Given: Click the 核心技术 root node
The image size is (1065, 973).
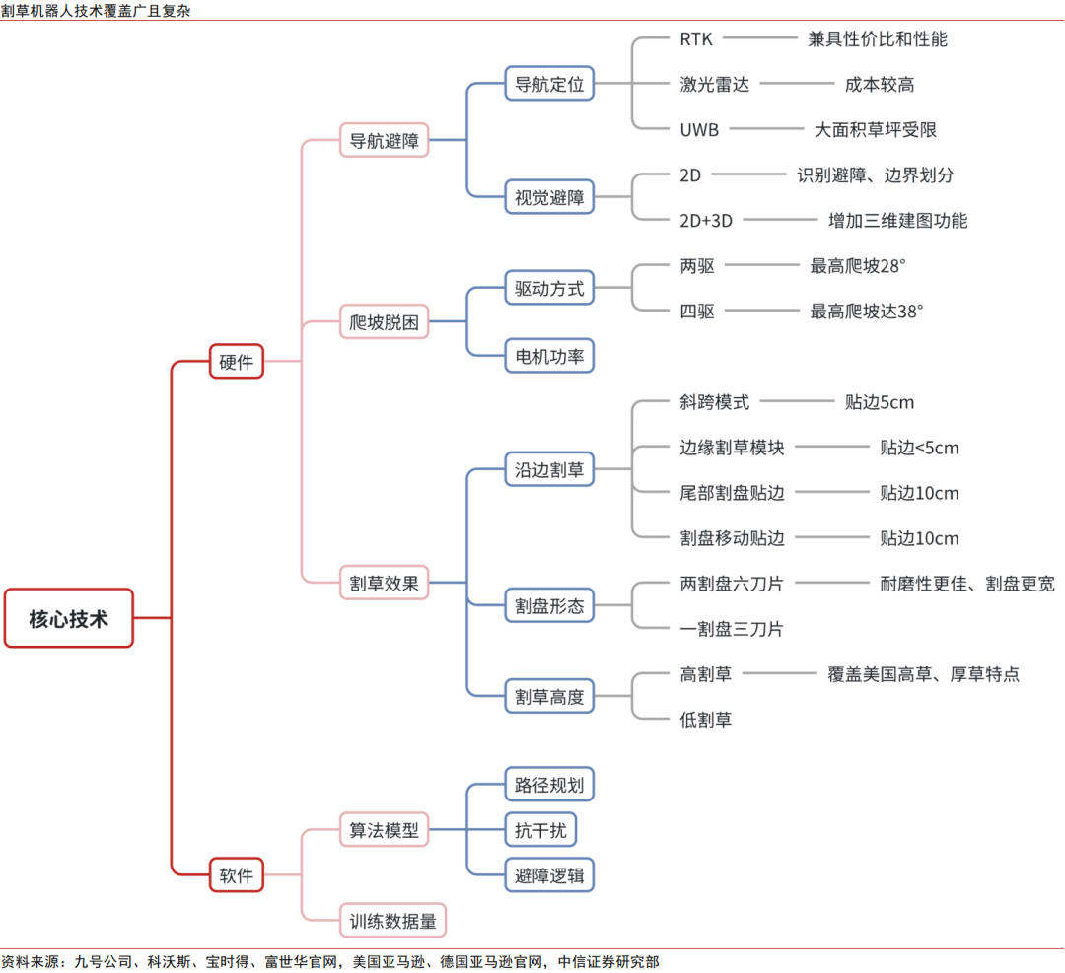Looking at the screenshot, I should point(68,618).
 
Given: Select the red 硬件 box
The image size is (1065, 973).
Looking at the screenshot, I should point(237,362).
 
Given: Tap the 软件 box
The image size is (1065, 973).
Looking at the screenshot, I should point(237,874).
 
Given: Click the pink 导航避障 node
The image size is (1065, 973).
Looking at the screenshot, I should point(385,141).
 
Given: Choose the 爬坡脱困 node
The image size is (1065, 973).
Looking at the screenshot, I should point(385,321).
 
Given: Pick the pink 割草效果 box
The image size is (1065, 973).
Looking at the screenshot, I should point(385,583).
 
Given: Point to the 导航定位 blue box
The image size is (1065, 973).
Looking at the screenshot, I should point(549,84).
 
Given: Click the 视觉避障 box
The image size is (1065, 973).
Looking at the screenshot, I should point(549,197).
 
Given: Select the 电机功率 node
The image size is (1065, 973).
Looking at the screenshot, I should point(549,355).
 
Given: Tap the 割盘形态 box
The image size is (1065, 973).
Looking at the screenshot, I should point(549,605).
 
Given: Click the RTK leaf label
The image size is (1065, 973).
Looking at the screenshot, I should point(696,39).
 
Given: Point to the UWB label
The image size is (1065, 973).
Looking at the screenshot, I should point(699,129).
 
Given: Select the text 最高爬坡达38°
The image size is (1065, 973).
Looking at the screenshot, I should point(867,311).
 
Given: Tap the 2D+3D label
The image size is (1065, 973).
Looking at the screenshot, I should point(706,220).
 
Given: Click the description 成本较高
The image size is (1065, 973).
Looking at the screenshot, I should point(880,85).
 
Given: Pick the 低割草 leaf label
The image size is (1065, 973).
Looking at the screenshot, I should point(705,720).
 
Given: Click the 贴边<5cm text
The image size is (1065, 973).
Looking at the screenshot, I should point(919,448).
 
